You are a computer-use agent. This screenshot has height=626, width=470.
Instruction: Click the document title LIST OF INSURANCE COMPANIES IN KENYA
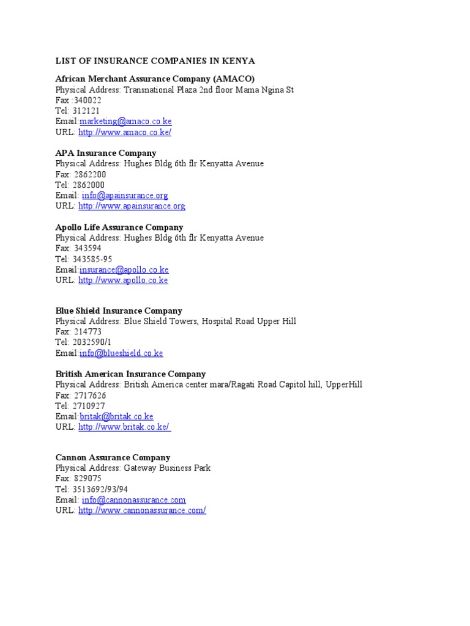pos(155,61)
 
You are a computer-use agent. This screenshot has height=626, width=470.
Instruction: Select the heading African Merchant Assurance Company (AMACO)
pos(155,79)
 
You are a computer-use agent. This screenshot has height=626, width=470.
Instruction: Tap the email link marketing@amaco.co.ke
pos(125,122)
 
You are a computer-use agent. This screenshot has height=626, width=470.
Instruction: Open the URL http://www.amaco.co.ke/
pos(125,132)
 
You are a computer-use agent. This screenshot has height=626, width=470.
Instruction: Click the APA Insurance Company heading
pos(106,153)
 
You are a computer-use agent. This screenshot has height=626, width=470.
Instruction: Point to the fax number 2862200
pos(89,174)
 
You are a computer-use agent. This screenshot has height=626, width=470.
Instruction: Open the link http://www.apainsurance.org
pos(132,206)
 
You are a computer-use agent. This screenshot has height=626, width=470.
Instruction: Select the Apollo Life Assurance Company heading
pos(119,227)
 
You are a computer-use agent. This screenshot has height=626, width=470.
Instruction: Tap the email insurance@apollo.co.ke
pos(124,270)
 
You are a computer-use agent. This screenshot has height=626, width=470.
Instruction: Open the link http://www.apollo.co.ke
pos(123,280)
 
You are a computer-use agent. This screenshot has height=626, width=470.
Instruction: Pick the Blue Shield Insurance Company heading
pos(119,311)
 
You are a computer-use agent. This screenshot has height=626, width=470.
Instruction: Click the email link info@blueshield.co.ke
pos(121,353)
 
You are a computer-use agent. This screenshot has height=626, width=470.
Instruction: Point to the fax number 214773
pos(87,332)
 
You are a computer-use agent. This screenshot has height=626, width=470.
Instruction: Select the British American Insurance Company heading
pos(130,374)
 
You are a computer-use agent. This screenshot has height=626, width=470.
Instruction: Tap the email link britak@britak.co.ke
pos(116,416)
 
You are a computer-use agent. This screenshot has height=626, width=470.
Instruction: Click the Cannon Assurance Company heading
pos(113,457)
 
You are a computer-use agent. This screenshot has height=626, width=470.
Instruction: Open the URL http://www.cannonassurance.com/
pos(142,510)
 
